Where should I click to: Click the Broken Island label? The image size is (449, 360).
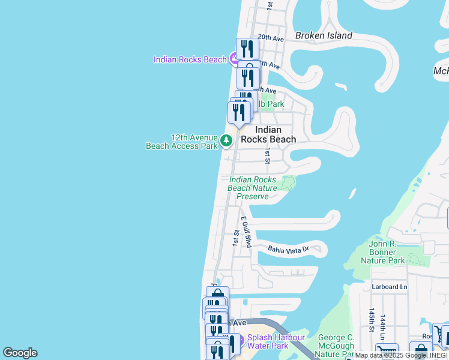click(x=324, y=35)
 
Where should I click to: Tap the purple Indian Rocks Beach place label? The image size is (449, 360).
click(x=190, y=59)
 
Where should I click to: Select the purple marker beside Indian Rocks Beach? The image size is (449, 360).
click(x=234, y=59)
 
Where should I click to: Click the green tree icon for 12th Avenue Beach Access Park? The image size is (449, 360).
click(x=226, y=141)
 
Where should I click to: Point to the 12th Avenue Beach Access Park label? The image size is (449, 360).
click(x=182, y=141)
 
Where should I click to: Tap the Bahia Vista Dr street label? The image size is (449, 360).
click(x=288, y=248)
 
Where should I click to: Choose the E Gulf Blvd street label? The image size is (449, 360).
click(x=246, y=232)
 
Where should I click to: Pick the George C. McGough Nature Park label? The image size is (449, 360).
click(x=335, y=346)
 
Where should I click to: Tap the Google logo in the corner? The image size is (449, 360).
click(x=20, y=353)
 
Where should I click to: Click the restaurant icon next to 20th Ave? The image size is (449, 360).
click(x=247, y=49)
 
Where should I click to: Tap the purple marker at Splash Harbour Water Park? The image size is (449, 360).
click(x=238, y=341)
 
